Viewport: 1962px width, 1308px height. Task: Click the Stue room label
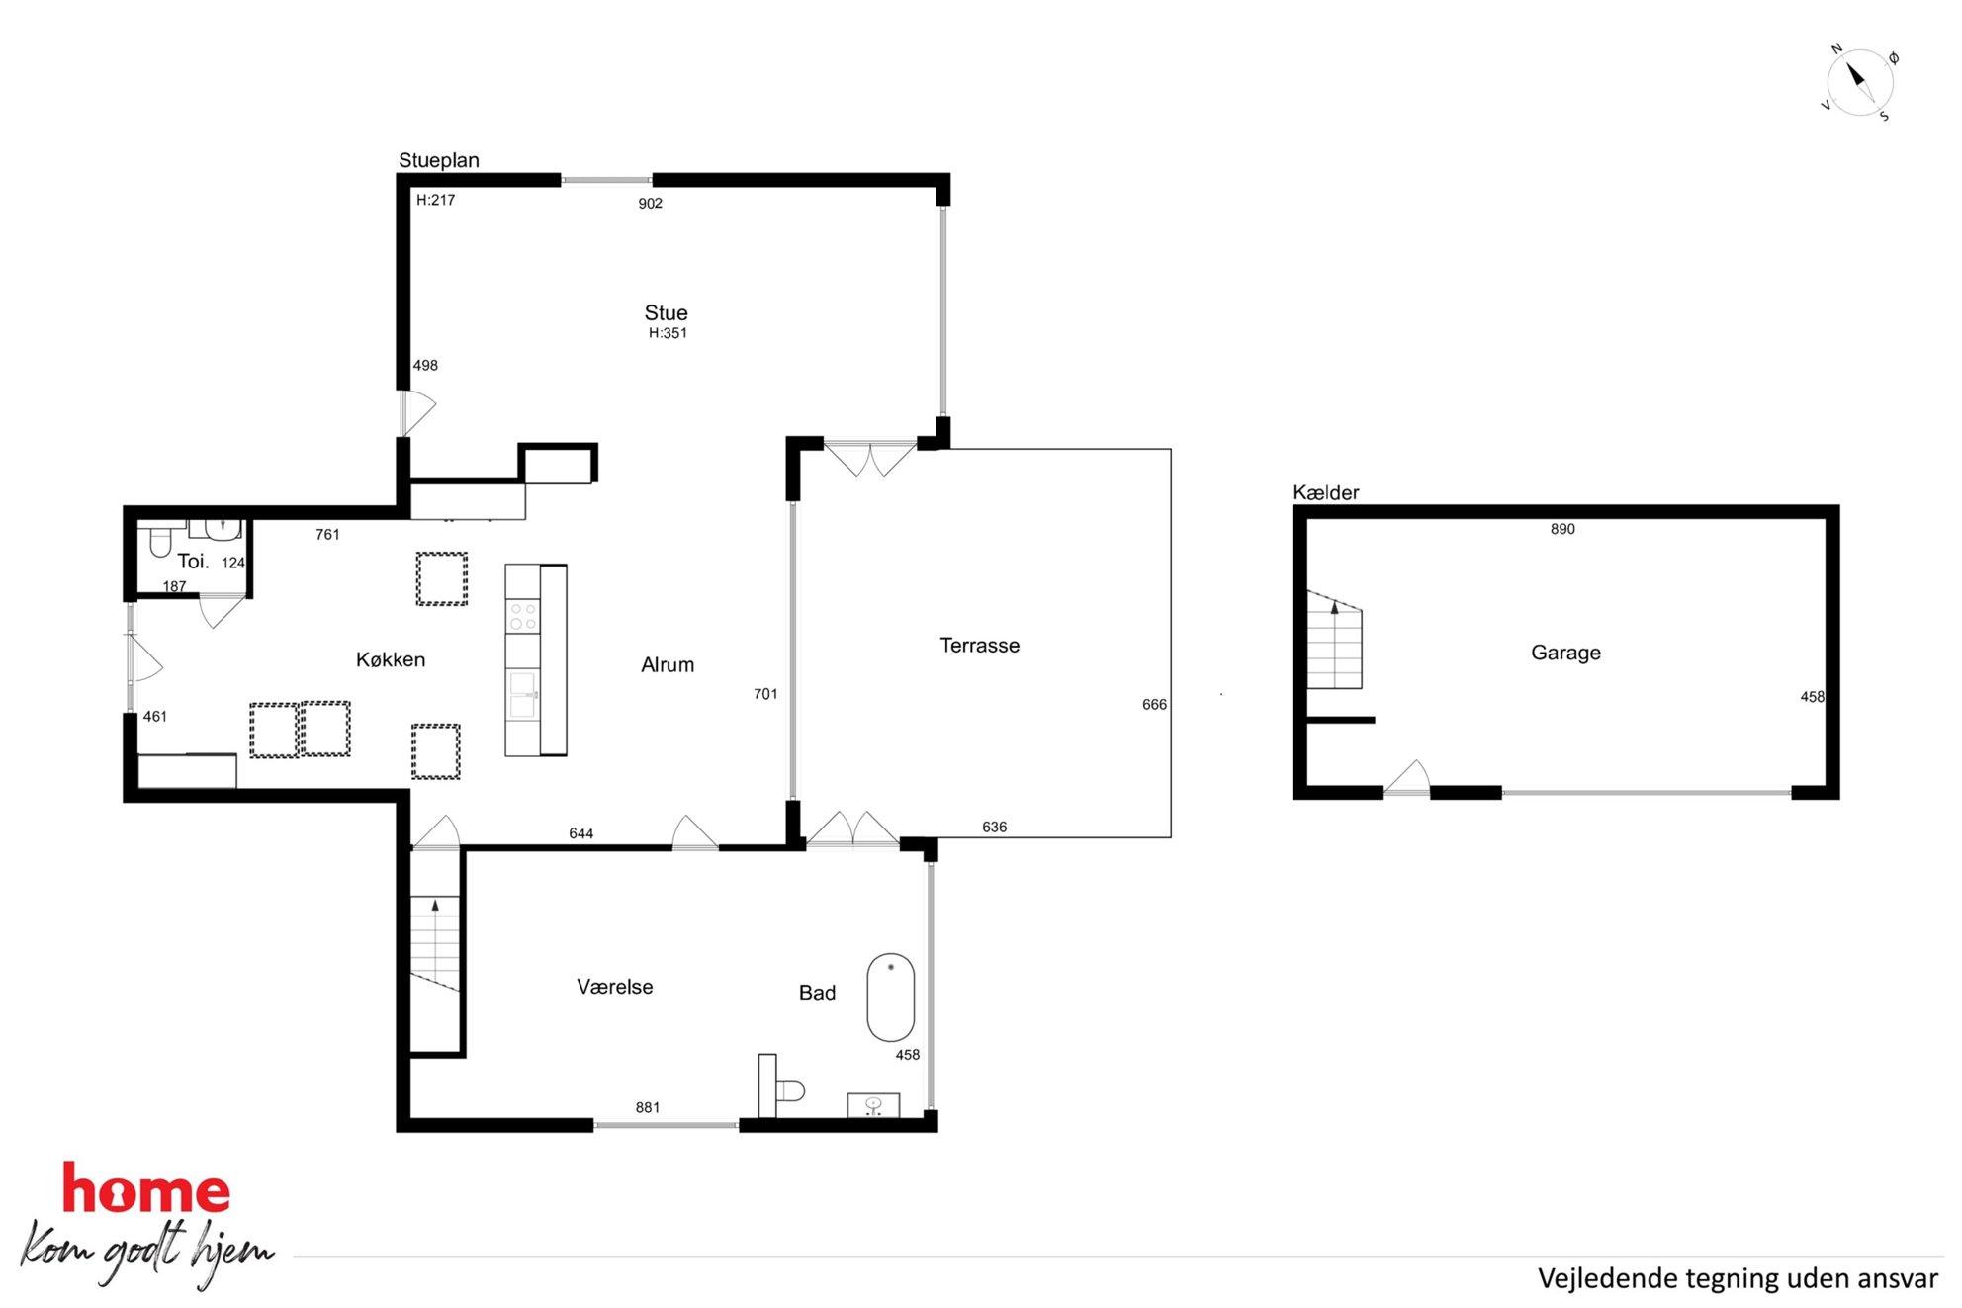coord(666,312)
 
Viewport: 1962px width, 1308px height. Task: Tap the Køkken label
coord(391,659)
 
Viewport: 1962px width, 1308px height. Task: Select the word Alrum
coord(668,664)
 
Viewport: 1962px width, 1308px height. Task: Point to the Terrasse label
coord(979,645)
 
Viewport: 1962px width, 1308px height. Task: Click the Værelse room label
coord(614,986)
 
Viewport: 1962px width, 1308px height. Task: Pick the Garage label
coord(1565,652)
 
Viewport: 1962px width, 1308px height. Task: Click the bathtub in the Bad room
coord(890,997)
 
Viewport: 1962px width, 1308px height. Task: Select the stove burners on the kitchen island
coord(523,617)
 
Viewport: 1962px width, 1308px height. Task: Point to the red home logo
coord(146,1189)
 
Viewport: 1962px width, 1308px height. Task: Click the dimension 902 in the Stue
coord(650,203)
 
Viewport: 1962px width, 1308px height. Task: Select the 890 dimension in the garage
coord(1562,529)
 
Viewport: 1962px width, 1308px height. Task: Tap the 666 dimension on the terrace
coord(1154,704)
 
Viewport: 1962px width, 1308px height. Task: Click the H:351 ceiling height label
coord(668,333)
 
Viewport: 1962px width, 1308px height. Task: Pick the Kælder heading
coord(1325,492)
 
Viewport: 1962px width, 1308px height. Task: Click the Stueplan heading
coord(438,160)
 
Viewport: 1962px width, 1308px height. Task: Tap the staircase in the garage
coord(1334,640)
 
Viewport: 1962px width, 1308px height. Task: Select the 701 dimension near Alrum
coord(765,694)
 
